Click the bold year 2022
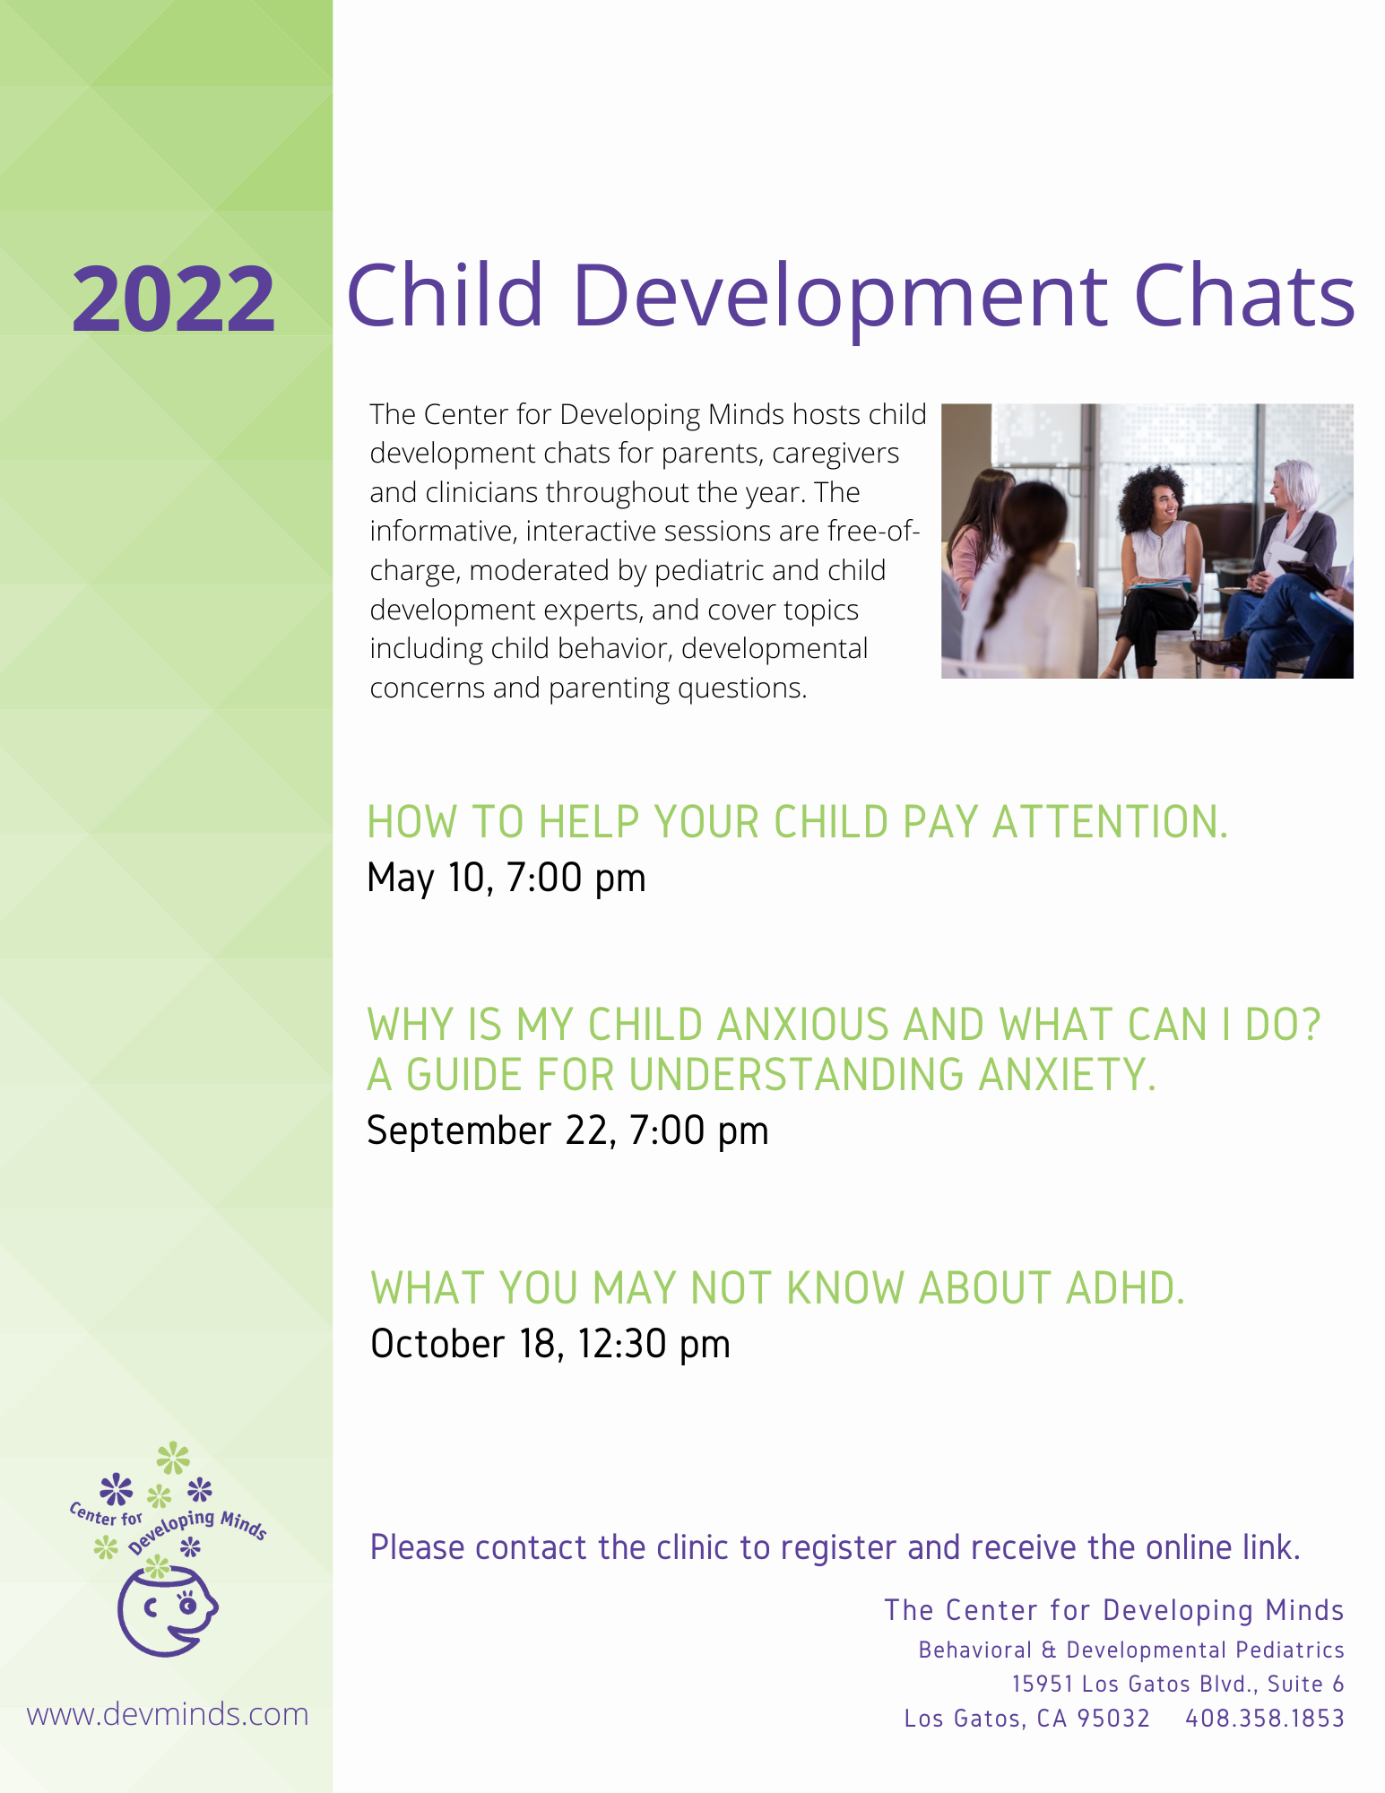click(x=173, y=299)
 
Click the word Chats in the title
click(x=1244, y=293)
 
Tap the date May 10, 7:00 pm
click(x=506, y=878)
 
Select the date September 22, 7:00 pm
click(x=567, y=1130)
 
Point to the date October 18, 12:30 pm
click(x=550, y=1344)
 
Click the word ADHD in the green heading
click(x=1125, y=1288)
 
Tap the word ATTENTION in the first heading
click(x=1110, y=821)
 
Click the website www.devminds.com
click(x=168, y=1714)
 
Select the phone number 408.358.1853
click(x=1265, y=1718)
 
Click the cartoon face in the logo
click(x=168, y=1612)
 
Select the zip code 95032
click(x=1113, y=1718)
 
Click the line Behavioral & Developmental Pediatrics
click(x=1131, y=1650)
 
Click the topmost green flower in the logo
click(x=173, y=1459)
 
